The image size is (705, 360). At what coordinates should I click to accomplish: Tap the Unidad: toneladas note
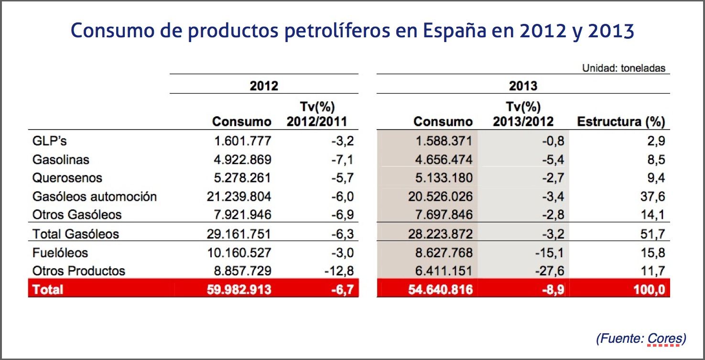tap(623, 68)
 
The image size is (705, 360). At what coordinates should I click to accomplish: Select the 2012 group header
tap(264, 86)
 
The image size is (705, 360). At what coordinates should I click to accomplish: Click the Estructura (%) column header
tap(621, 121)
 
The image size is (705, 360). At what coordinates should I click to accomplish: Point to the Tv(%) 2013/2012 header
tap(523, 114)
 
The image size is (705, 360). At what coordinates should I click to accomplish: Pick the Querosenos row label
tap(67, 178)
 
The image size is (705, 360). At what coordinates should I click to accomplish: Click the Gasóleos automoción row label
tap(95, 196)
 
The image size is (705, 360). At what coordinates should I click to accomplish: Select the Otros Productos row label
tap(78, 271)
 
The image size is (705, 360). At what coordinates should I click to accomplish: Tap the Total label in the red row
tap(48, 289)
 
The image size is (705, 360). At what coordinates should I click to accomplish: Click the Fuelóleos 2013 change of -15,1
tap(549, 252)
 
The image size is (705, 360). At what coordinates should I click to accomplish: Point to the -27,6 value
tap(549, 271)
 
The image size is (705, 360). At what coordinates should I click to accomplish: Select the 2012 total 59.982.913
tap(238, 289)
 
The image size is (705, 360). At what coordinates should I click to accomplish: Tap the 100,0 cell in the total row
tap(647, 289)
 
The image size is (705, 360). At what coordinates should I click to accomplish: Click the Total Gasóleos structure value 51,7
tap(653, 234)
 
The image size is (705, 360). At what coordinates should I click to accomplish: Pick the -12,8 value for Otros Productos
tap(338, 271)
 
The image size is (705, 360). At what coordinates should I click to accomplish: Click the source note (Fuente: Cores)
tap(641, 339)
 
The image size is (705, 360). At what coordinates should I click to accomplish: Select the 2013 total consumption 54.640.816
tap(439, 289)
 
